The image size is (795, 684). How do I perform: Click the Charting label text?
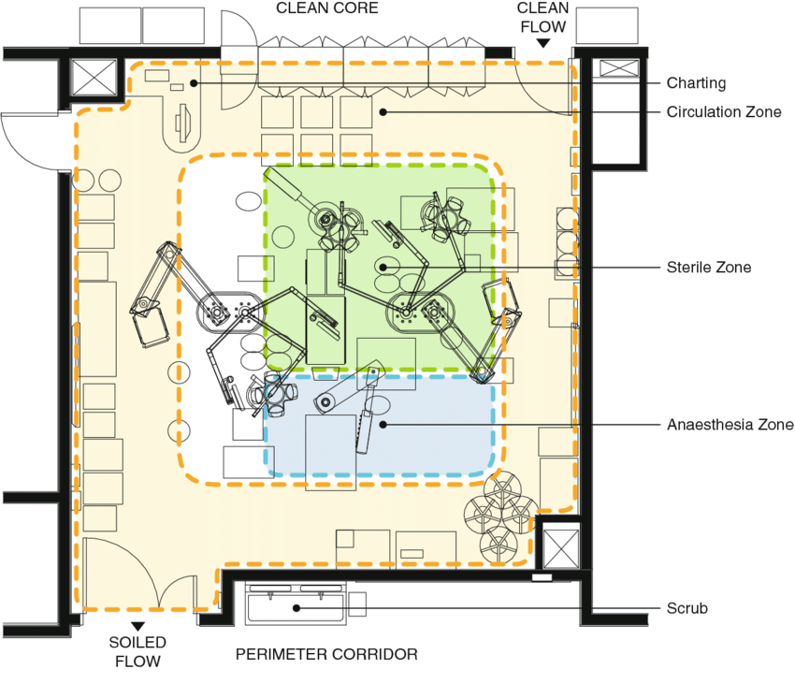point(696,82)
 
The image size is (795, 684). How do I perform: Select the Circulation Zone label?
point(724,111)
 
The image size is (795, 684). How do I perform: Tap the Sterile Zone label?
point(708,267)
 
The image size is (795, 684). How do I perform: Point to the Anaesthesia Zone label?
point(730,424)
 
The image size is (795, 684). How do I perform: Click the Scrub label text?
point(687,608)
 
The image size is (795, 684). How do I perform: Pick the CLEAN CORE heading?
point(327,8)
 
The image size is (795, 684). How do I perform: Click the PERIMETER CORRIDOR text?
point(326,654)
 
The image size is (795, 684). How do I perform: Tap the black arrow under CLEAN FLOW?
point(543,44)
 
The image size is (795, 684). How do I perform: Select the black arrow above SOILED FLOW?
point(137,627)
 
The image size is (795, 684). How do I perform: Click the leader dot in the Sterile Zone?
point(383,267)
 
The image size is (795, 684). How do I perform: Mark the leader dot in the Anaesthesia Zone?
point(383,424)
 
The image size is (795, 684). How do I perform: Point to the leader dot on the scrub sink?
point(296,608)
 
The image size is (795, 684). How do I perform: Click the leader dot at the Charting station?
point(194,82)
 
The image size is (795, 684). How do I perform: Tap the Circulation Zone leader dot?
point(383,111)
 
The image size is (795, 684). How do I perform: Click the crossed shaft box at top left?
point(94,77)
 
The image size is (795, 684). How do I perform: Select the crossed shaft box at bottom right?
point(561,548)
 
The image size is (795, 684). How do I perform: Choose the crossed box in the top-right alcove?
point(619,68)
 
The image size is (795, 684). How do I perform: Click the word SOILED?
point(137,642)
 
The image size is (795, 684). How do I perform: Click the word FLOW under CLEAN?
point(543,26)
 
